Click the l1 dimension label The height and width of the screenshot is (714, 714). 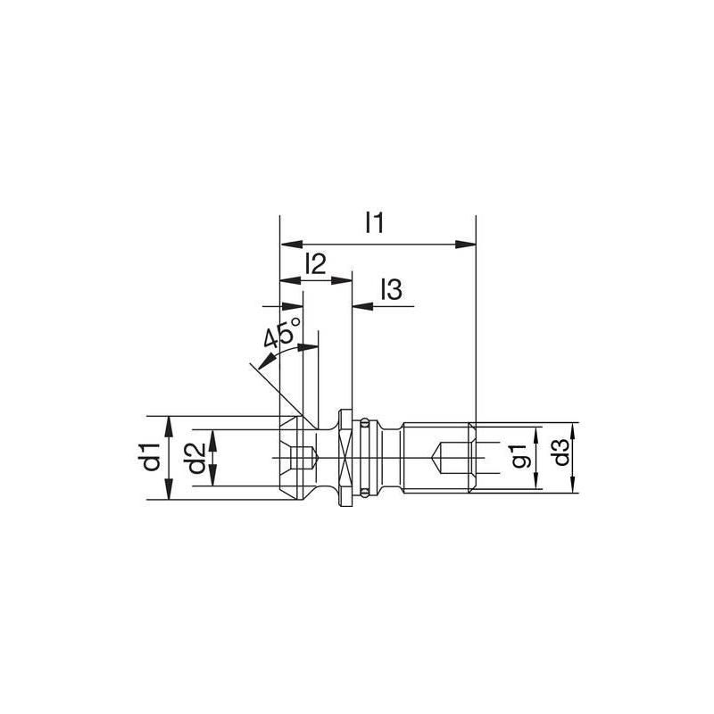[x=374, y=223]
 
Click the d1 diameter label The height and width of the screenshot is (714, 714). [x=151, y=457]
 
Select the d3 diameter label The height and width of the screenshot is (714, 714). [x=560, y=457]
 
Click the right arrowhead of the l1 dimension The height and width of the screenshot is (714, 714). [x=466, y=243]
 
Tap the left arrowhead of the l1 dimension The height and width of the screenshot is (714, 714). [x=288, y=243]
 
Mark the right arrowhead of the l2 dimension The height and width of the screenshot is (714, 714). [x=345, y=281]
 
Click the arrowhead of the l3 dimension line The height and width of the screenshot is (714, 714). [x=361, y=306]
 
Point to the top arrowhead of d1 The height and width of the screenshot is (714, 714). [x=169, y=422]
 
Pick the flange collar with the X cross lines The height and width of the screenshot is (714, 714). [x=346, y=457]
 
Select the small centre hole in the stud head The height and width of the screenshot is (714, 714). [x=305, y=458]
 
